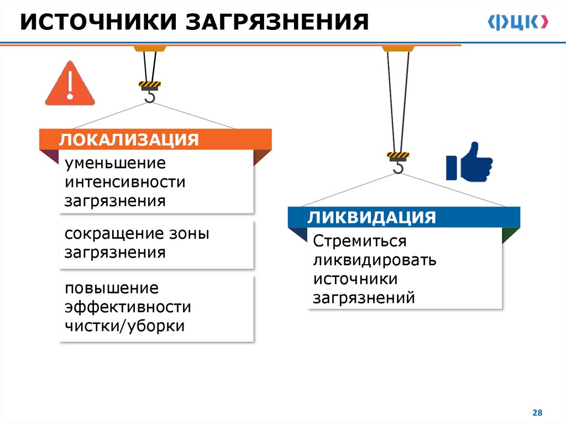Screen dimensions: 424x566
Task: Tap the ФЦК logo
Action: pyautogui.click(x=518, y=22)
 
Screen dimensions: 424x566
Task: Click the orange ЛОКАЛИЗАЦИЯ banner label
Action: pyautogui.click(x=129, y=139)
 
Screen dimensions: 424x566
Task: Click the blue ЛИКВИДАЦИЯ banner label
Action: pyautogui.click(x=371, y=217)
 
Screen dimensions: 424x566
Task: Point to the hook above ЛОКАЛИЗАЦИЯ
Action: pyautogui.click(x=150, y=95)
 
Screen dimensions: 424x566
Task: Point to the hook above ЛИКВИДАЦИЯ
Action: pyautogui.click(x=398, y=165)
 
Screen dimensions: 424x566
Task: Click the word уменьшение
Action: pyautogui.click(x=115, y=163)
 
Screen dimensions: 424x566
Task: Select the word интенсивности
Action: pyautogui.click(x=125, y=182)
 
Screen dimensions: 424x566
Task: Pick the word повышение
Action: pyautogui.click(x=112, y=289)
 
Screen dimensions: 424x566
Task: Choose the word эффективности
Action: pyautogui.click(x=127, y=307)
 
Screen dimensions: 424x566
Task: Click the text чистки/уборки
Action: pyautogui.click(x=124, y=326)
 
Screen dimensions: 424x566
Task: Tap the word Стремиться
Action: pyautogui.click(x=360, y=242)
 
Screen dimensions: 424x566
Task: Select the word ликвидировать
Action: pyautogui.click(x=375, y=260)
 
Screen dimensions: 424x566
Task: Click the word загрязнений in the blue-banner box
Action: pyautogui.click(x=364, y=298)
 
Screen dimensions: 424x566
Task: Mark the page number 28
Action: pyautogui.click(x=537, y=413)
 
